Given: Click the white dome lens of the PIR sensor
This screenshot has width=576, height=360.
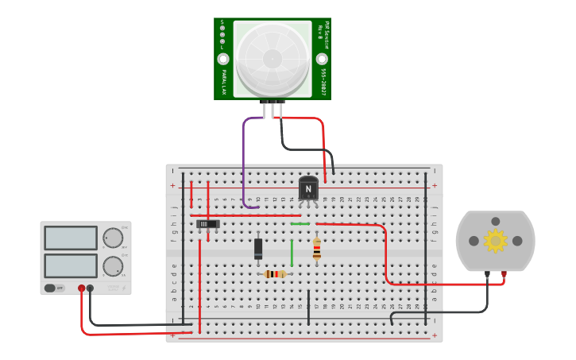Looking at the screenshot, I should [273, 58].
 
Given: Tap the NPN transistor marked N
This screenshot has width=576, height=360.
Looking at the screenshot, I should [308, 188].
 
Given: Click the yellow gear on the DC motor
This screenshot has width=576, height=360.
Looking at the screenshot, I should [495, 240].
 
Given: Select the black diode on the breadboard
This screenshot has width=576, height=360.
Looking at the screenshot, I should [258, 249].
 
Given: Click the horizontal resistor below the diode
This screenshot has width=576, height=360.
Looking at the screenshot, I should [275, 274].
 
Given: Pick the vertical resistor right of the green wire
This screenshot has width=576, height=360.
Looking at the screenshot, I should [317, 249].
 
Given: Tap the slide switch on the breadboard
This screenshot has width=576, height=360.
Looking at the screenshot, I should [207, 224].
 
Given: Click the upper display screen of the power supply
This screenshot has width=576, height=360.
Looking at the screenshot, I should [71, 238].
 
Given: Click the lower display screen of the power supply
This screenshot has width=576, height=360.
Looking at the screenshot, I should [71, 265].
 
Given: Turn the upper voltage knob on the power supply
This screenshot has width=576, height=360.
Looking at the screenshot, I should [113, 238].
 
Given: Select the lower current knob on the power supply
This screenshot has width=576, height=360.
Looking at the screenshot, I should [113, 265].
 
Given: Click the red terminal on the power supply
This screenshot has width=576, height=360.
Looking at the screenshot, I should [81, 288].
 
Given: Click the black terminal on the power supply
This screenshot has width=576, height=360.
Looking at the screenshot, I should [90, 288].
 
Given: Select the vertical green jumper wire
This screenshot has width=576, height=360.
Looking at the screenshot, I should [292, 252].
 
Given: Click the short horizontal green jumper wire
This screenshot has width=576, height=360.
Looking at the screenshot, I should [300, 224].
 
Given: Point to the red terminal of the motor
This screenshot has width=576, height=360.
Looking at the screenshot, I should [504, 275].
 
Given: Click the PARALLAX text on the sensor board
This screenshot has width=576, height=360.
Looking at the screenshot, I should [223, 82].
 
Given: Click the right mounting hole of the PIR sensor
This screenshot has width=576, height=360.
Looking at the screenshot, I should [322, 59].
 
